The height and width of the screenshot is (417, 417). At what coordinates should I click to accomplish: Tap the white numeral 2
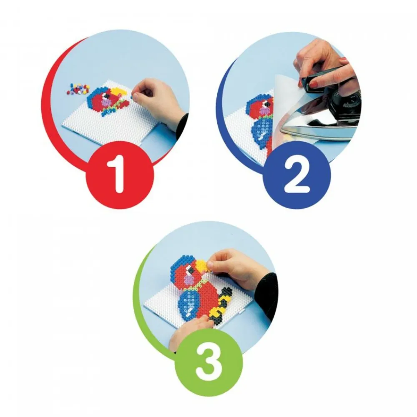coord(297,176)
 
